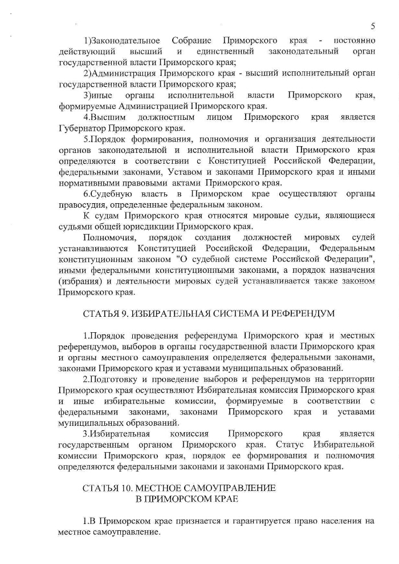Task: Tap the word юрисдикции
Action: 153,225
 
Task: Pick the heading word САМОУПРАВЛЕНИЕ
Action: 228,488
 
